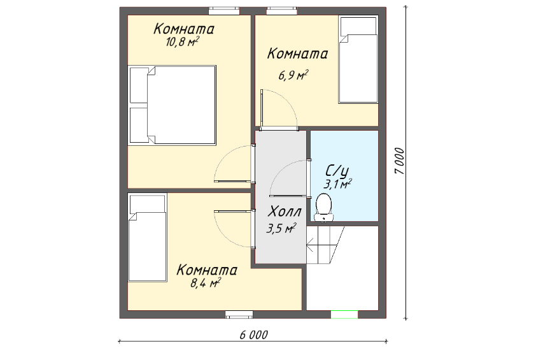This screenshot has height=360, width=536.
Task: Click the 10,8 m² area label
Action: tap(183, 42)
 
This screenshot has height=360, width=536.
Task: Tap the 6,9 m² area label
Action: tap(293, 75)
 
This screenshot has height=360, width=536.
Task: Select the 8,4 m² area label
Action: tap(205, 283)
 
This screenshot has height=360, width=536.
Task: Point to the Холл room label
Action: tap(285, 212)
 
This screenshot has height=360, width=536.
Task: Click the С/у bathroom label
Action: tap(337, 171)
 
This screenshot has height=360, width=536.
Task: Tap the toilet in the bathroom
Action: tap(323, 208)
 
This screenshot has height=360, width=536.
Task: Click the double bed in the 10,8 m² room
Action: tap(172, 105)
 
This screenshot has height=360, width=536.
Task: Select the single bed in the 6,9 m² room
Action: tap(358, 59)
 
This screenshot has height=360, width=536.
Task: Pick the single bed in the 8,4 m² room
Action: tap(147, 238)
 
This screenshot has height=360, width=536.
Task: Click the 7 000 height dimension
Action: tap(399, 161)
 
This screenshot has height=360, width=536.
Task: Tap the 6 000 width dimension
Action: tap(253, 335)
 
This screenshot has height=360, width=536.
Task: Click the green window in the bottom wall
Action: tap(344, 314)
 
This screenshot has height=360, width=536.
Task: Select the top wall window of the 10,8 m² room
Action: tap(224, 11)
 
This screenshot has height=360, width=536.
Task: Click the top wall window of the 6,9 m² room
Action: tap(281, 11)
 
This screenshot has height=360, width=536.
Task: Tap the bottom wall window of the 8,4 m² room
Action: tap(239, 314)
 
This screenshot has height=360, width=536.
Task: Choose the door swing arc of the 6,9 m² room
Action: tap(289, 102)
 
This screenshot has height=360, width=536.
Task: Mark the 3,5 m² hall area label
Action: tap(281, 228)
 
